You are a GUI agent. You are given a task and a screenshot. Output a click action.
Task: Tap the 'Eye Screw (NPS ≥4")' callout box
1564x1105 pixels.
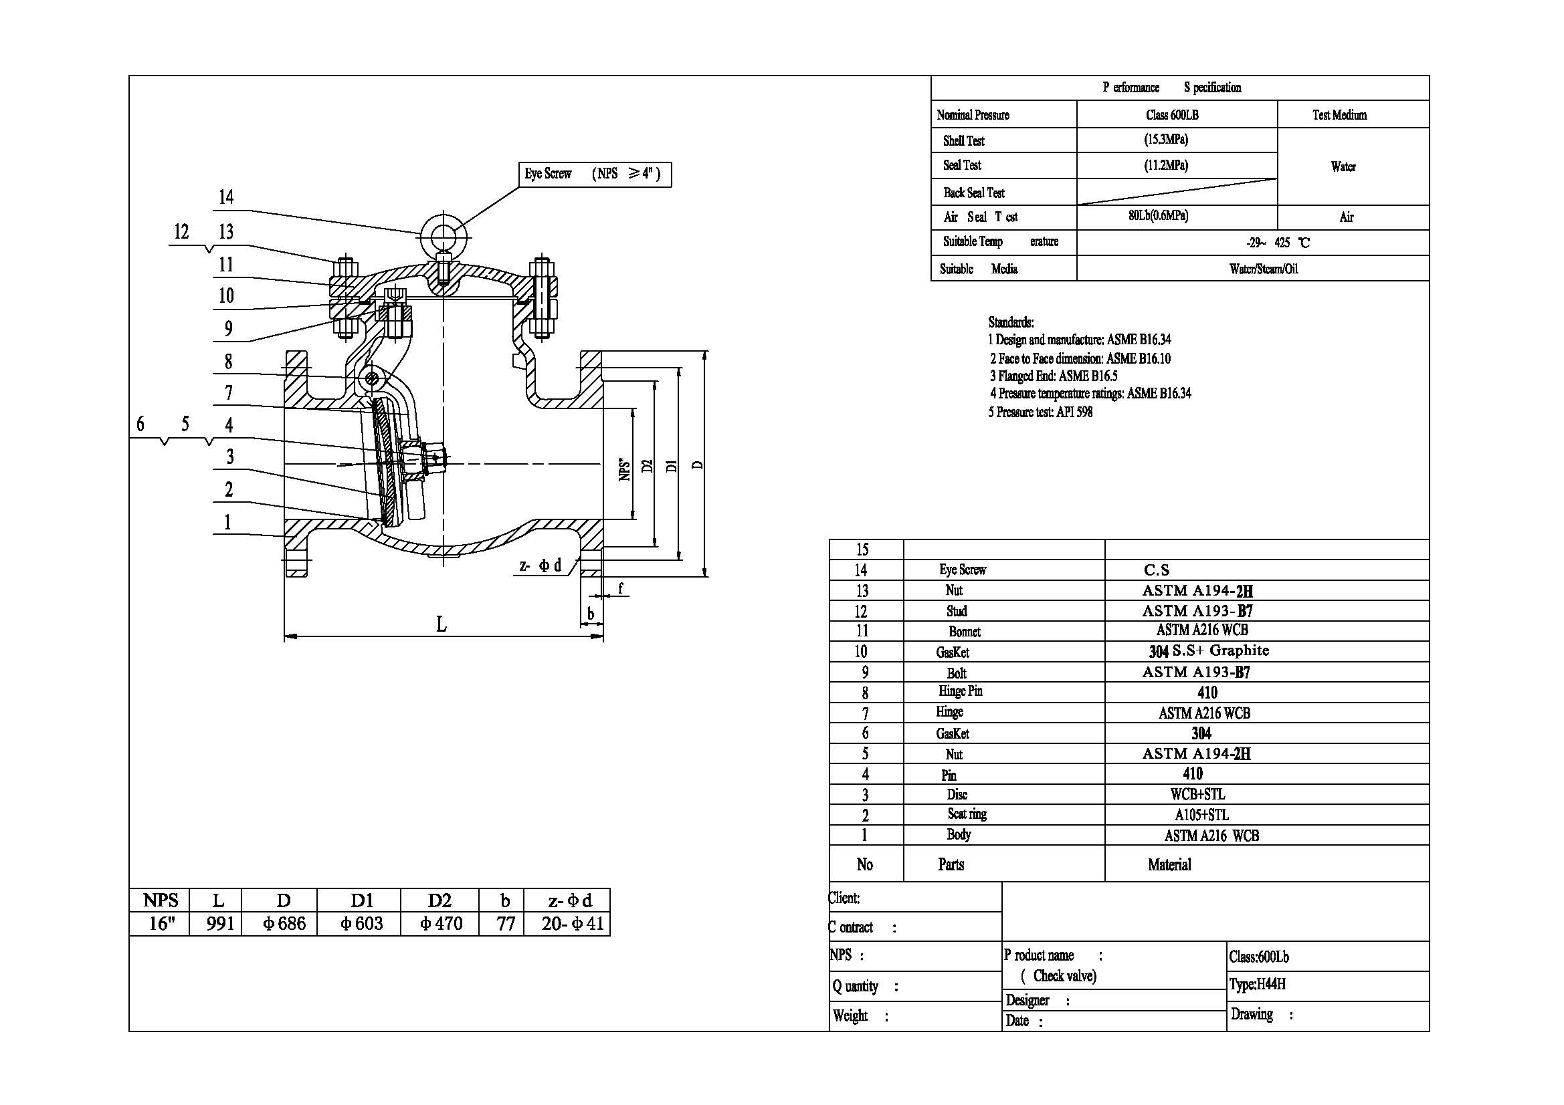[x=595, y=174]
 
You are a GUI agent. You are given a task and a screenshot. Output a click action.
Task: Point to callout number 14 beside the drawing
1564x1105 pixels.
[x=226, y=197]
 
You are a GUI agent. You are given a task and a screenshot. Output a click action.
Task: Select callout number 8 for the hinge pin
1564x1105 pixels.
[x=228, y=362]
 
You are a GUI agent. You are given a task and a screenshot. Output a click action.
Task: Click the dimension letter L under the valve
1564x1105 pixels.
[x=442, y=624]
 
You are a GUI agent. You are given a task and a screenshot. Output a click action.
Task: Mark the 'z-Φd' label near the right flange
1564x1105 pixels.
[x=541, y=565]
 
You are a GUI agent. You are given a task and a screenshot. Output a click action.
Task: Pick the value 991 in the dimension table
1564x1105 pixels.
[x=220, y=923]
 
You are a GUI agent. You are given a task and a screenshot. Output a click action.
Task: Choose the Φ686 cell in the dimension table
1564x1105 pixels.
[x=284, y=923]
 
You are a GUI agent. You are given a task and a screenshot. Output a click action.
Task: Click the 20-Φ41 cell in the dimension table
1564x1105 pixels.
[x=572, y=923]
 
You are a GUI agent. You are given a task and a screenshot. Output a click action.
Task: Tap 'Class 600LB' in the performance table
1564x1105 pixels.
[x=1171, y=115]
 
